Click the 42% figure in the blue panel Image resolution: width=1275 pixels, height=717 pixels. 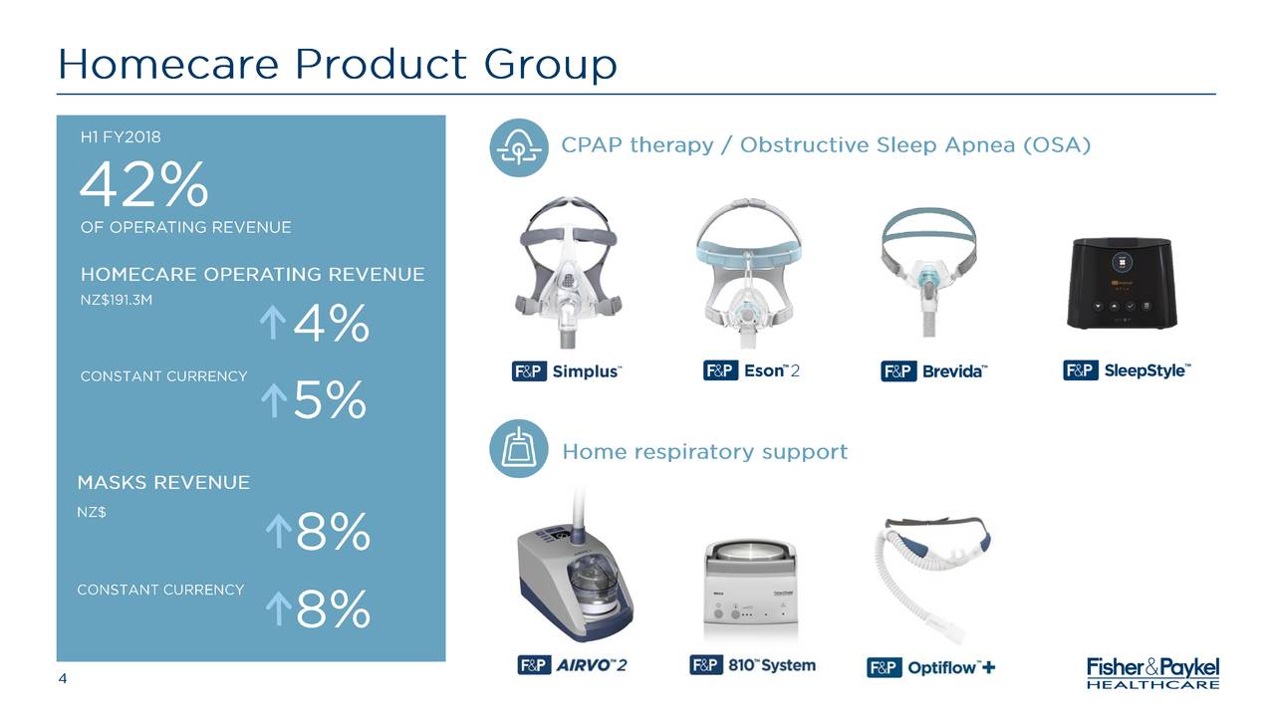tap(144, 185)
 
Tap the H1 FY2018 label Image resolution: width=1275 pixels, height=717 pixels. tap(121, 136)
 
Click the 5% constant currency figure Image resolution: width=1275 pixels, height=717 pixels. tap(330, 402)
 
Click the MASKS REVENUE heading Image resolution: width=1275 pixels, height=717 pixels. tap(163, 483)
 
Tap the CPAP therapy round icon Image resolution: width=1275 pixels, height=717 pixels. tap(518, 147)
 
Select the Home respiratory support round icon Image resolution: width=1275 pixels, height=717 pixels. tap(518, 450)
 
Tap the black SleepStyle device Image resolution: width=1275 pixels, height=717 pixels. tap(1122, 284)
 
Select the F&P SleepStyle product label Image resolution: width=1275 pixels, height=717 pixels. tap(1127, 370)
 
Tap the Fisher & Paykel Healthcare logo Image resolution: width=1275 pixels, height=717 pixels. tap(1152, 672)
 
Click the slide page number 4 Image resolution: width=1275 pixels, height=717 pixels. tap(63, 679)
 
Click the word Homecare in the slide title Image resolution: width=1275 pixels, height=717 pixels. tap(167, 66)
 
